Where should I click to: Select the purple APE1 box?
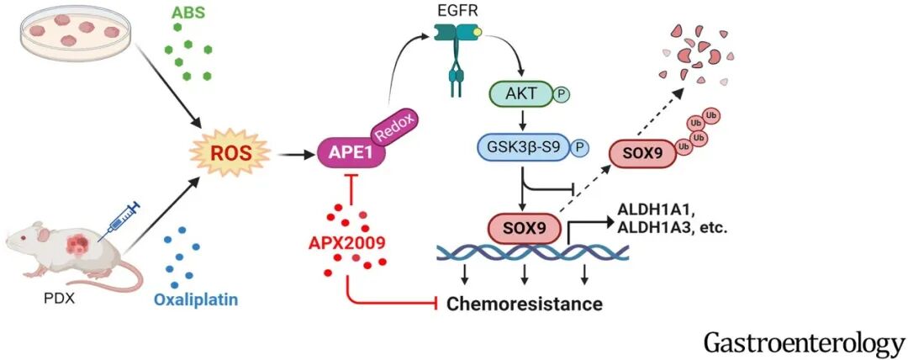point(346,155)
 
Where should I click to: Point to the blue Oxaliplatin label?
point(195,299)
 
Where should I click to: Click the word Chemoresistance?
point(525,303)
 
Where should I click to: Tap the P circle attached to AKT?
point(562,94)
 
